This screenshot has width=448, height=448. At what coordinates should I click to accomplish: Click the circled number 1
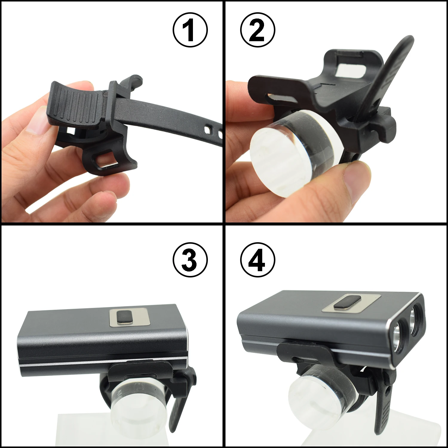[x=190, y=30]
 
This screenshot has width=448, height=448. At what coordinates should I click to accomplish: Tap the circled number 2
[x=258, y=30]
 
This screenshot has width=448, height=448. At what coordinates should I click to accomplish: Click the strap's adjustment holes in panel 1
[x=213, y=131]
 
